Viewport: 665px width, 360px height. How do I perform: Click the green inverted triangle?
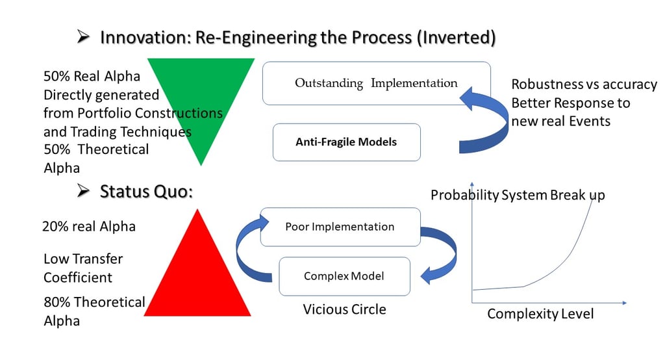[x=202, y=97]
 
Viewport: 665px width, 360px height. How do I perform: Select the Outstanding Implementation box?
[x=376, y=83]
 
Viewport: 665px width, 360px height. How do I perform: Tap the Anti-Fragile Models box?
[x=346, y=142]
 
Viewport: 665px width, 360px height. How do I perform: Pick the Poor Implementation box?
[x=340, y=227]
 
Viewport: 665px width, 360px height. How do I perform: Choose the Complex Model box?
[x=344, y=276]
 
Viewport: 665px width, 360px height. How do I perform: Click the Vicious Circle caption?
[x=344, y=309]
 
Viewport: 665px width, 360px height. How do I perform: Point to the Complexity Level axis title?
[x=540, y=315]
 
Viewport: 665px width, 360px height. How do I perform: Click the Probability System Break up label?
[x=518, y=195]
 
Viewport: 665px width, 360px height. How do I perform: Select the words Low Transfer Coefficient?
[x=83, y=268]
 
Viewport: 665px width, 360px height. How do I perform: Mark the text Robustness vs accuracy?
[x=584, y=84]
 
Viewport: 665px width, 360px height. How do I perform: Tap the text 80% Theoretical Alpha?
[x=94, y=311]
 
